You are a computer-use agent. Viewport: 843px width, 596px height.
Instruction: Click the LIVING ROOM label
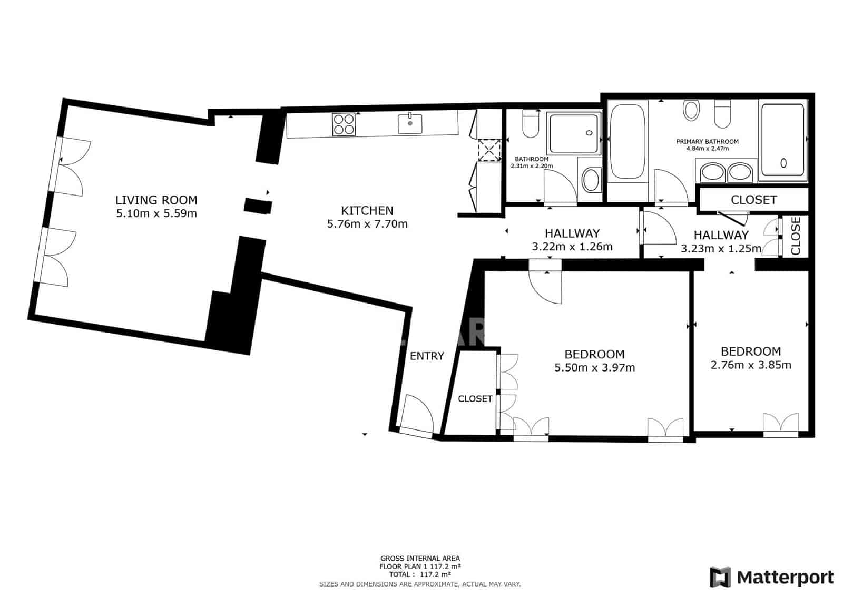pyautogui.click(x=156, y=200)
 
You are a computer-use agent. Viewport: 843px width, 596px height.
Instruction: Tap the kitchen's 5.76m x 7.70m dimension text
pyautogui.click(x=367, y=224)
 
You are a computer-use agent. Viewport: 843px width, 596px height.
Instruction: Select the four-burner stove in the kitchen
pyautogui.click(x=343, y=125)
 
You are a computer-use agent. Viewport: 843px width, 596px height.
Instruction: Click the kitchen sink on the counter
pyautogui.click(x=410, y=124)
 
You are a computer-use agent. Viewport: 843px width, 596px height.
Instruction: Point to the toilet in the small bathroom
pyautogui.click(x=530, y=124)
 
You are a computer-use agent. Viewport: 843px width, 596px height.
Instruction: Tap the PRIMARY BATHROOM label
pyautogui.click(x=707, y=141)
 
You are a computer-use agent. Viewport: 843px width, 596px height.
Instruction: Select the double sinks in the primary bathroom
pyautogui.click(x=727, y=172)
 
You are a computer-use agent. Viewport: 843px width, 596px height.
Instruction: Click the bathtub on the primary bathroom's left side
pyautogui.click(x=627, y=141)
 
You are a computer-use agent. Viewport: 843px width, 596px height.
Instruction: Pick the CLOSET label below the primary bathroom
pyautogui.click(x=753, y=200)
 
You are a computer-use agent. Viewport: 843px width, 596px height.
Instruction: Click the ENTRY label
pyautogui.click(x=427, y=356)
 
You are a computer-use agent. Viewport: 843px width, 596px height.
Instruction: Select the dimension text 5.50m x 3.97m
pyautogui.click(x=594, y=368)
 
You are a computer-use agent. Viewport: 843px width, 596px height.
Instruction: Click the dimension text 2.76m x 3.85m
pyautogui.click(x=751, y=365)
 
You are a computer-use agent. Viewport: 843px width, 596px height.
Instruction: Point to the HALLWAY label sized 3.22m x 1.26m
pyautogui.click(x=572, y=233)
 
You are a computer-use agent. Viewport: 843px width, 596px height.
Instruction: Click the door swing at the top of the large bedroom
pyautogui.click(x=546, y=288)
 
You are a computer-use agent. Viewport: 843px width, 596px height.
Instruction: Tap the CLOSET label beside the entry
pyautogui.click(x=475, y=399)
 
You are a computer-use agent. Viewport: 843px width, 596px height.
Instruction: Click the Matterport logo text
pyautogui.click(x=785, y=578)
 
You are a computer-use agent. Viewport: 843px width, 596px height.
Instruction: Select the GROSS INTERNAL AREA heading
pyautogui.click(x=420, y=558)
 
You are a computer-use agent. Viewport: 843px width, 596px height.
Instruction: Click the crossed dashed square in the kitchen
pyautogui.click(x=488, y=150)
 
